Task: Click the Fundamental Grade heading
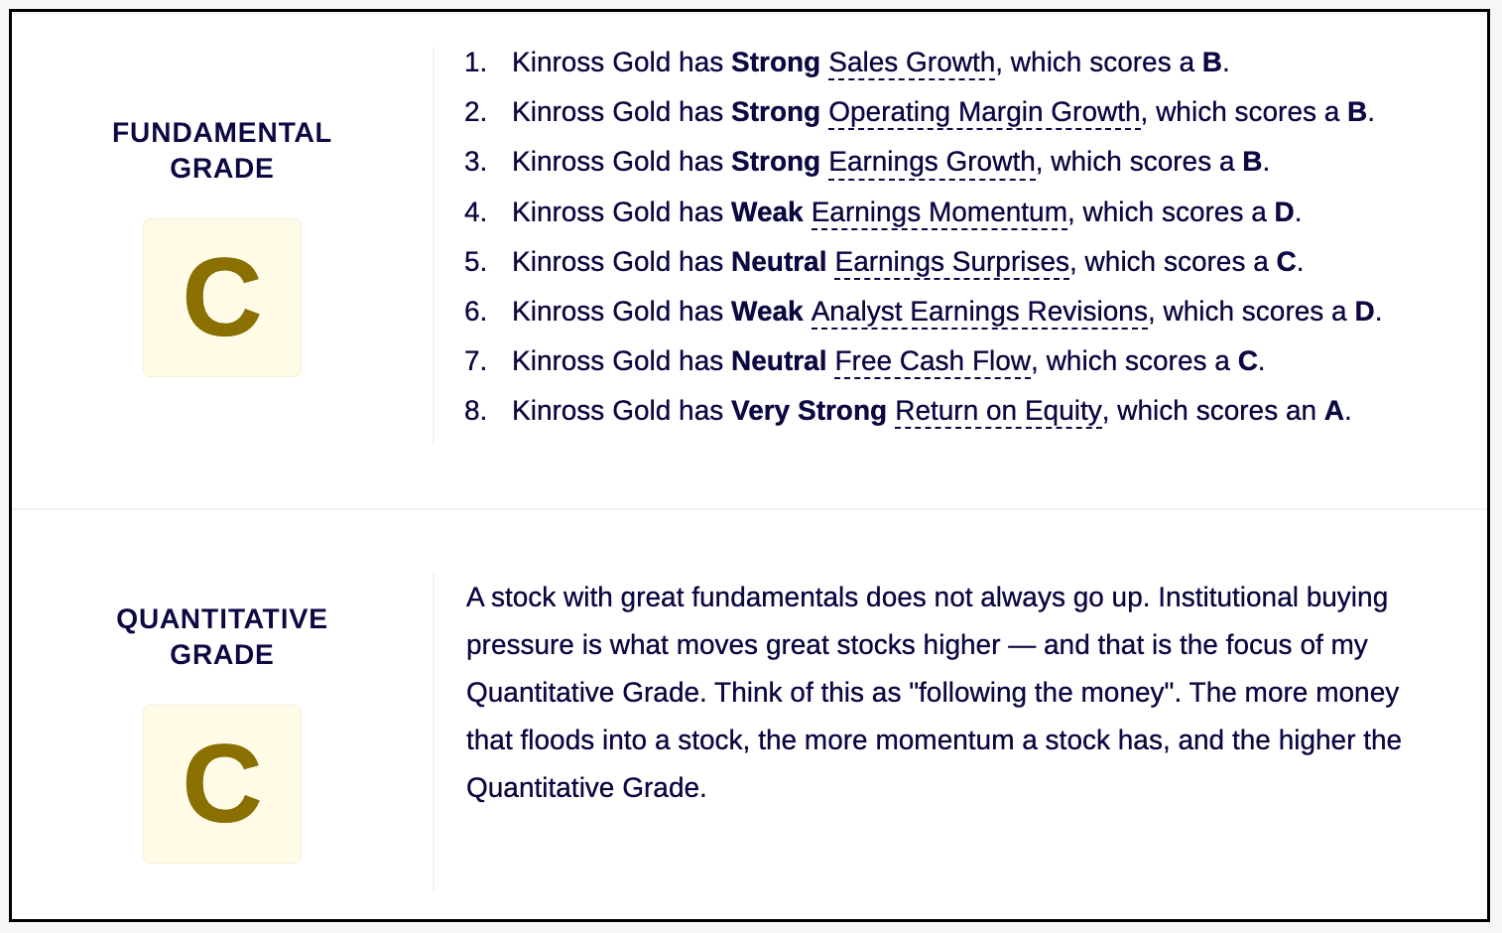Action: [222, 150]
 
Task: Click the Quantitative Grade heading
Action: [222, 636]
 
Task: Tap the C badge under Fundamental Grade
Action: [222, 298]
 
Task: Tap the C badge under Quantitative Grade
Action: [222, 784]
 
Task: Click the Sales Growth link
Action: [912, 64]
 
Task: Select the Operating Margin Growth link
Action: [984, 113]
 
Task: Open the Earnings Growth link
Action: [932, 163]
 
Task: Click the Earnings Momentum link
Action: [939, 212]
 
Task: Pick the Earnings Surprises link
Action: [952, 262]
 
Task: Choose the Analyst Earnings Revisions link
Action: [979, 312]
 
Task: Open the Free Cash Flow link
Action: [933, 361]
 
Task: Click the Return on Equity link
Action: [998, 411]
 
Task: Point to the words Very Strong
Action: [809, 411]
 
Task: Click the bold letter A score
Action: [1333, 411]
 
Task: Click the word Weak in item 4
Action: [767, 212]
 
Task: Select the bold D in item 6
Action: [1364, 312]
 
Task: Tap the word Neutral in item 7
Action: [779, 361]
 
